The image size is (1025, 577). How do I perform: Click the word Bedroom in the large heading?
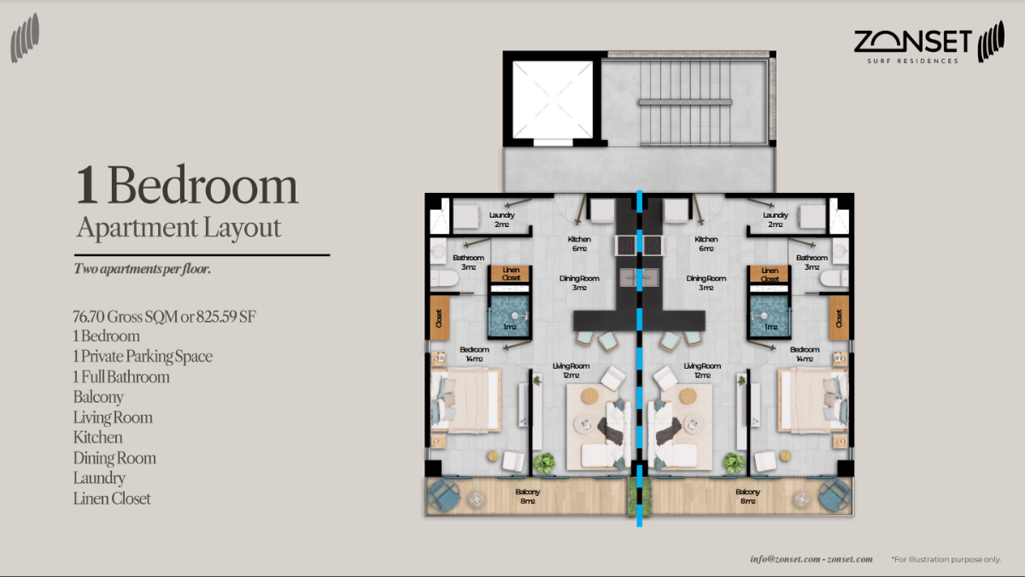203,186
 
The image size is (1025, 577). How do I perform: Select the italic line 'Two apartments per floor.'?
143,269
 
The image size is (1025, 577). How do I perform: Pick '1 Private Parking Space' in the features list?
143,356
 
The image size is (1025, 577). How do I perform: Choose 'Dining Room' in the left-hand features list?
114,458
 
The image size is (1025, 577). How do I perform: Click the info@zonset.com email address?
780,559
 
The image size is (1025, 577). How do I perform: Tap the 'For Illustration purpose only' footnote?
946,559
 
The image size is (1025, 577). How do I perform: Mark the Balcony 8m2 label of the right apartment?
748,496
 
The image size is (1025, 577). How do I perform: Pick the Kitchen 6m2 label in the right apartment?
706,244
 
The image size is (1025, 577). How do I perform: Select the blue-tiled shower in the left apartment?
507,317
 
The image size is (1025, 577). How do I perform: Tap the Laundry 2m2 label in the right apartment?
775,219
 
